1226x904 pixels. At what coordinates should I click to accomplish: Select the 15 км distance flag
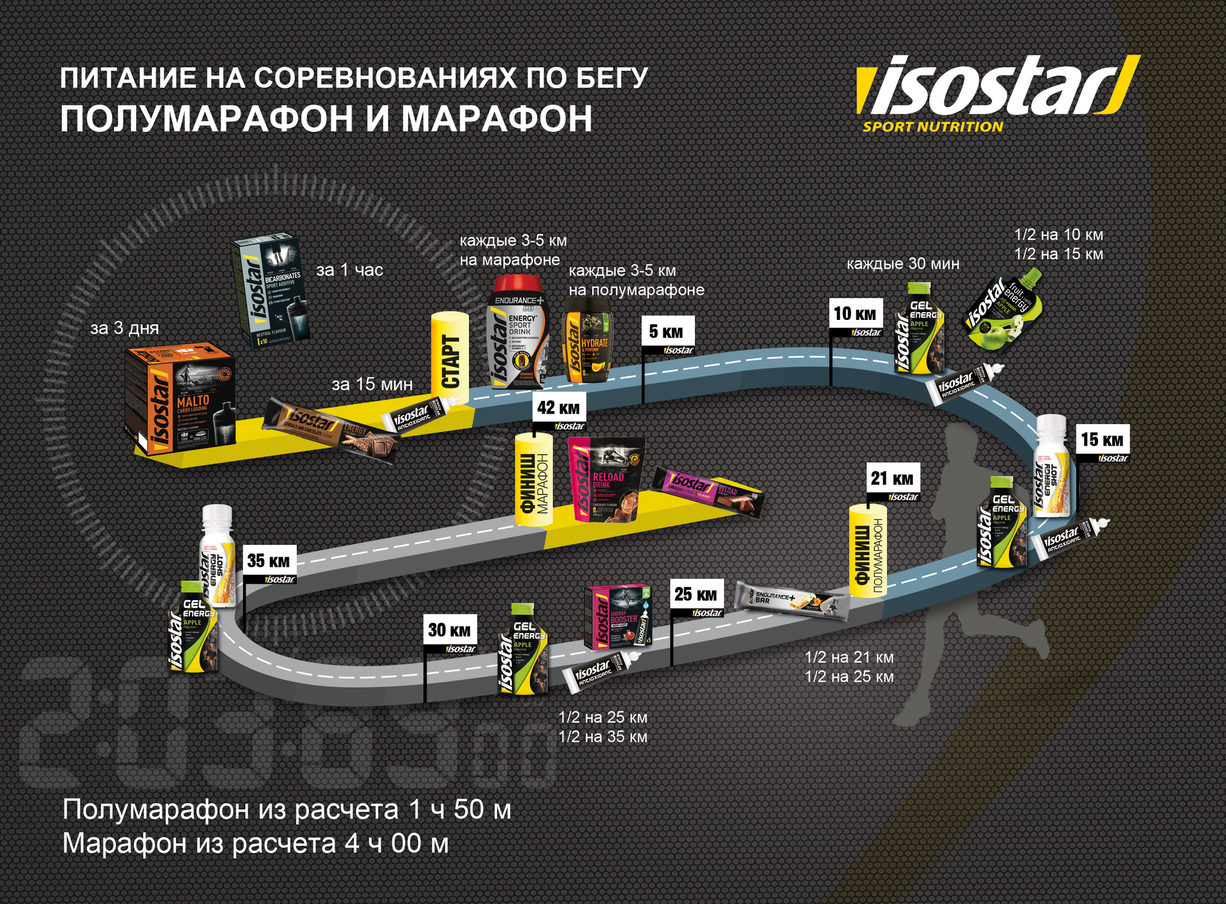point(1102,440)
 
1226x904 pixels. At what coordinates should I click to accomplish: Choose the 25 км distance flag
point(696,594)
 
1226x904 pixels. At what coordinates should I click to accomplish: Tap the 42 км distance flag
point(558,408)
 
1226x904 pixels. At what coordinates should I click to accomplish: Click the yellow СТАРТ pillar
point(450,359)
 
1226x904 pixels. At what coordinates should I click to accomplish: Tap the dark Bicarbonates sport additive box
point(270,291)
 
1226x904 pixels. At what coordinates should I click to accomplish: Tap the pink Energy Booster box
point(617,617)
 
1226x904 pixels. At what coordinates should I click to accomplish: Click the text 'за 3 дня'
point(124,329)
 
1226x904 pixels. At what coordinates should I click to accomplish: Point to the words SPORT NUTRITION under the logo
point(932,127)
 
